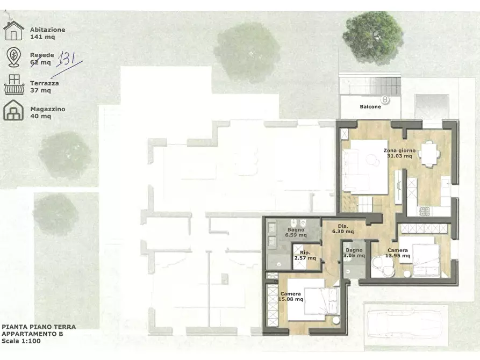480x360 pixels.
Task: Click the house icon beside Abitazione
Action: tap(13, 31)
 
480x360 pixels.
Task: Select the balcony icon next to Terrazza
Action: tap(14, 85)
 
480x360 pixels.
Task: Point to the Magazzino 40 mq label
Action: tap(48, 112)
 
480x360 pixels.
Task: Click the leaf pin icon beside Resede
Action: tap(14, 57)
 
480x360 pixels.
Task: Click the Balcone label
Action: tap(370, 106)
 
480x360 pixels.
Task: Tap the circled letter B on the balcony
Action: tap(385, 100)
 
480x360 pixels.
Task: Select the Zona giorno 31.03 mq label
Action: tap(399, 153)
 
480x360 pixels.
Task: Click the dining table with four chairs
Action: tap(429, 154)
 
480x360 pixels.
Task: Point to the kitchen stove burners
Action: tap(424, 211)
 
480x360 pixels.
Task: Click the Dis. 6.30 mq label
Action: tap(343, 229)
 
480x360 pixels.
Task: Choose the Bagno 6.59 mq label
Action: tap(296, 232)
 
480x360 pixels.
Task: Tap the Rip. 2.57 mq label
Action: tap(305, 255)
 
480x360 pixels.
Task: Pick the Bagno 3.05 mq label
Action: tap(354, 253)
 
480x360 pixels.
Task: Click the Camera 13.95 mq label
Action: tap(398, 253)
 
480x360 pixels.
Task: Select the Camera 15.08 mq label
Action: tap(290, 296)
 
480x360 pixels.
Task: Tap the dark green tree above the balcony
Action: tap(373, 38)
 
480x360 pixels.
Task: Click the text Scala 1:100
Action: tap(21, 341)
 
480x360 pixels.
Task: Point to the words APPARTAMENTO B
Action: tap(32, 334)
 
